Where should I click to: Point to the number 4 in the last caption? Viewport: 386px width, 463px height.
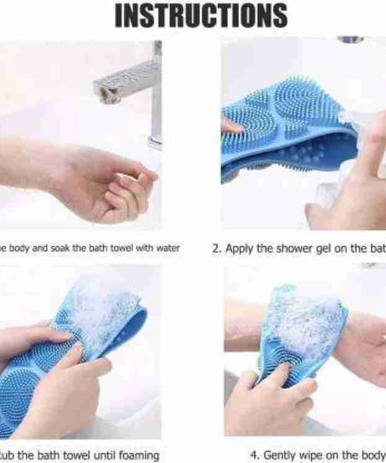pos(267,455)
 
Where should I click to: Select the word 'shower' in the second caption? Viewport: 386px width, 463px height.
pos(289,248)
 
